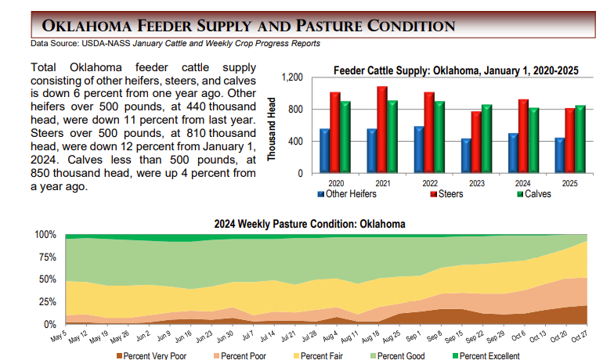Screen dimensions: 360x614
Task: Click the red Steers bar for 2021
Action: (x=382, y=129)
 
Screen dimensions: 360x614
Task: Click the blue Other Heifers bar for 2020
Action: (x=324, y=151)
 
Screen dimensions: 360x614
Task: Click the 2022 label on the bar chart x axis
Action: (x=429, y=182)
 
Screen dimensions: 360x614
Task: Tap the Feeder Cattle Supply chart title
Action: (x=456, y=70)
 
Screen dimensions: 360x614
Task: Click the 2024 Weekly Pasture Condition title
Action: (x=309, y=224)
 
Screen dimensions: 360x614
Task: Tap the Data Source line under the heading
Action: (x=175, y=43)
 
